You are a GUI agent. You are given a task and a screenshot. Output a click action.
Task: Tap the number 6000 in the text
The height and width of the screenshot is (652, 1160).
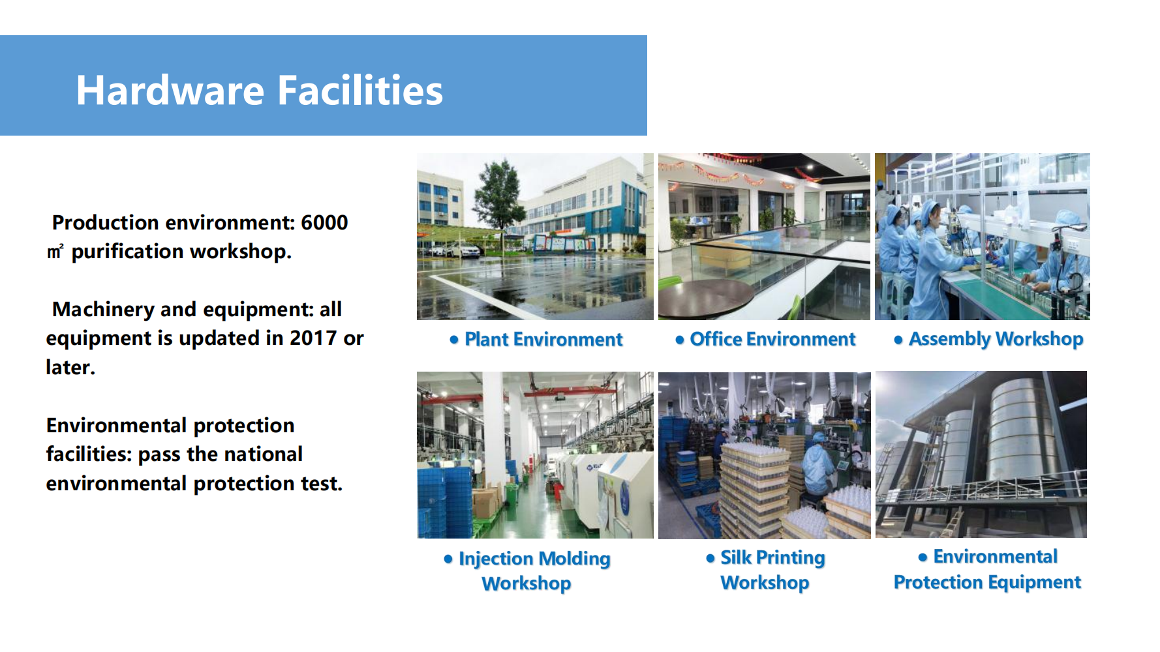click(324, 222)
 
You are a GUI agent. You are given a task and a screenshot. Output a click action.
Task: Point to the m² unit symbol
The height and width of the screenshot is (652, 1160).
click(55, 252)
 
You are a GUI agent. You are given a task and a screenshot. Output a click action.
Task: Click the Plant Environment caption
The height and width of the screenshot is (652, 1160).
click(543, 339)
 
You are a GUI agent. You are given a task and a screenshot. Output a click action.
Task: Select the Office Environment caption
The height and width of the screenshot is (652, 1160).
click(772, 339)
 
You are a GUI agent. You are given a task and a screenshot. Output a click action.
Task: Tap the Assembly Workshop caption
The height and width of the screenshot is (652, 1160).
click(996, 339)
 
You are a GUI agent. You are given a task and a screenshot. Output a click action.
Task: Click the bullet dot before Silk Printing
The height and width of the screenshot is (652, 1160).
click(710, 558)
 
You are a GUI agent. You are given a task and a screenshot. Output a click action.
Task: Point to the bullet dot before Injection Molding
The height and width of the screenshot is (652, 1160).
click(448, 559)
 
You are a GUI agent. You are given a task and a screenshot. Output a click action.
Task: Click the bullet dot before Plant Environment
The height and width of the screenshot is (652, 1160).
click(454, 340)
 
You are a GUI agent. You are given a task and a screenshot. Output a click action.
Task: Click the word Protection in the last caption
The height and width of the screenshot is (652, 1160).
click(938, 582)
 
